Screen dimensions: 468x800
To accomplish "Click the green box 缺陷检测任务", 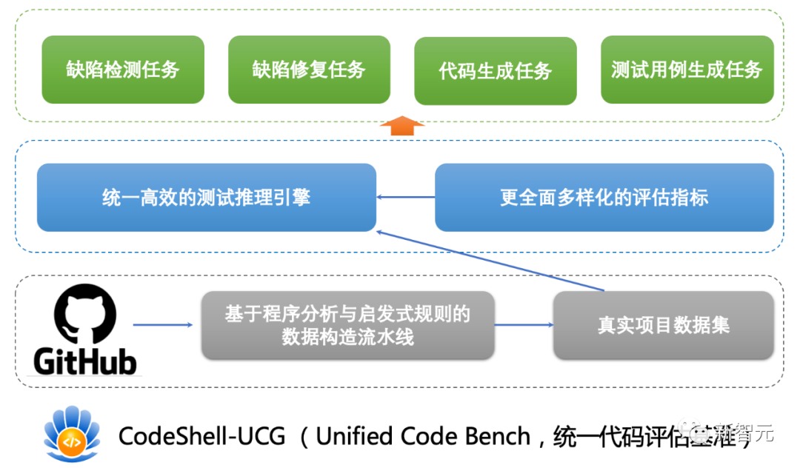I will click(x=123, y=70).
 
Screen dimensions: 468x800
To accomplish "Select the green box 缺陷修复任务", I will click(x=309, y=70).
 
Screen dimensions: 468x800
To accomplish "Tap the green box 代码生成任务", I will click(x=496, y=70).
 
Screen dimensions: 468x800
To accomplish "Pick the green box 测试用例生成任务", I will click(x=687, y=70).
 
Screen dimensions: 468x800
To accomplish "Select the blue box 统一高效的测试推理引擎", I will click(x=206, y=198).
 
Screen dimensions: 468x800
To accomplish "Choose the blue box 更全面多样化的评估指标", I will click(x=604, y=198).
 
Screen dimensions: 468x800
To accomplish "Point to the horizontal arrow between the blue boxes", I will click(x=405, y=197).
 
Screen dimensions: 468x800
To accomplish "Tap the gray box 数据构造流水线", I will click(x=347, y=325).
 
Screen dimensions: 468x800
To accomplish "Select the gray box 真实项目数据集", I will click(x=663, y=325).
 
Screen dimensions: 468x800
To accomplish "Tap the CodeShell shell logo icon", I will click(x=72, y=435).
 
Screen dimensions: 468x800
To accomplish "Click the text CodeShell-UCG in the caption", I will click(x=201, y=436).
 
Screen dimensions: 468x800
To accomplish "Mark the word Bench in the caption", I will click(x=497, y=436).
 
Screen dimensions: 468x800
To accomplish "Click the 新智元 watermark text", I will click(x=748, y=434).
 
